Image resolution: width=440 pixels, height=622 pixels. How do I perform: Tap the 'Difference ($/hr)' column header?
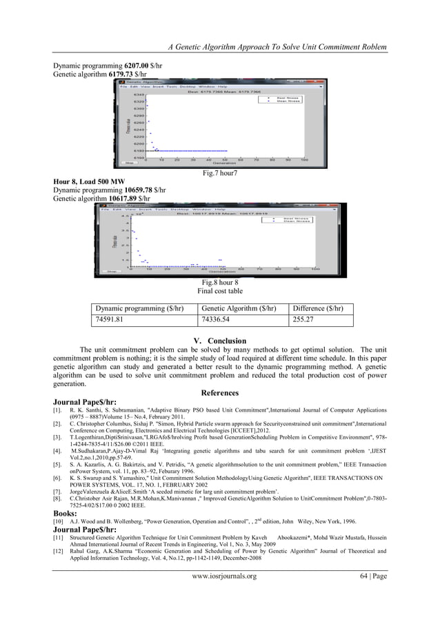click(319, 308)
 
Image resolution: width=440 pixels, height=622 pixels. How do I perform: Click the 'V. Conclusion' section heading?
click(220, 341)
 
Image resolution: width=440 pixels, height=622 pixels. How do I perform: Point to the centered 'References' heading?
click(219, 393)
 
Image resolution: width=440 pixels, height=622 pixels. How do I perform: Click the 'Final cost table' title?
click(219, 291)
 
